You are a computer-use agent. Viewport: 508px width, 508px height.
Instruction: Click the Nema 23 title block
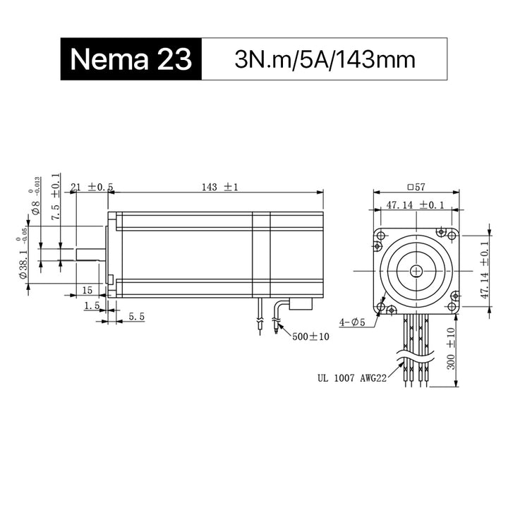click(x=131, y=59)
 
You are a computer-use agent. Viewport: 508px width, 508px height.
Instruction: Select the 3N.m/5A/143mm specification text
click(x=325, y=60)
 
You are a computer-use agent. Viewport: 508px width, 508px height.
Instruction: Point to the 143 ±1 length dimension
click(x=219, y=187)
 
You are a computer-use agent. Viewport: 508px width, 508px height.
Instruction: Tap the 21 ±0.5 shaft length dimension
click(x=92, y=187)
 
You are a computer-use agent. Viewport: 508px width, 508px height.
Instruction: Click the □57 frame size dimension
click(x=416, y=187)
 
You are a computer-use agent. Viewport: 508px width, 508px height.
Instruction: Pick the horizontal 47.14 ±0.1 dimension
click(x=415, y=205)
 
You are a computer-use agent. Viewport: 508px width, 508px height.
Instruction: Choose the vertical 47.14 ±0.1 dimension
click(x=485, y=270)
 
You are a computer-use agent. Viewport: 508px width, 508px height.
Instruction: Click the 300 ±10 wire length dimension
click(x=451, y=349)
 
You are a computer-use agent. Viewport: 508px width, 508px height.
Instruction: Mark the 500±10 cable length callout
click(x=310, y=337)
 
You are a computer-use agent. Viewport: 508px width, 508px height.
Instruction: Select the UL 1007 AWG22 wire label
click(x=352, y=377)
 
